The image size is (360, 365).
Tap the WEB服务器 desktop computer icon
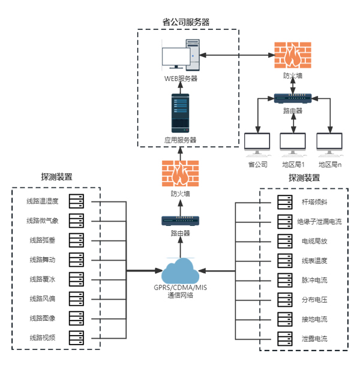(x=180, y=56)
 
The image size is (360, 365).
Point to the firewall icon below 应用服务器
(x=180, y=174)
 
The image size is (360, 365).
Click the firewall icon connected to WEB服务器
(x=293, y=56)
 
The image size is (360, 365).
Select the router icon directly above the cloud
(x=180, y=221)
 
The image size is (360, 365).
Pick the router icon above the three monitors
(x=293, y=97)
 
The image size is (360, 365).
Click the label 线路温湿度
(x=43, y=201)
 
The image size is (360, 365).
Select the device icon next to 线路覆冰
(x=76, y=279)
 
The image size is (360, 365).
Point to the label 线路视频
(x=43, y=337)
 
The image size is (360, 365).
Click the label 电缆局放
(x=314, y=241)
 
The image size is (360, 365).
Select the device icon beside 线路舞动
(x=76, y=260)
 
